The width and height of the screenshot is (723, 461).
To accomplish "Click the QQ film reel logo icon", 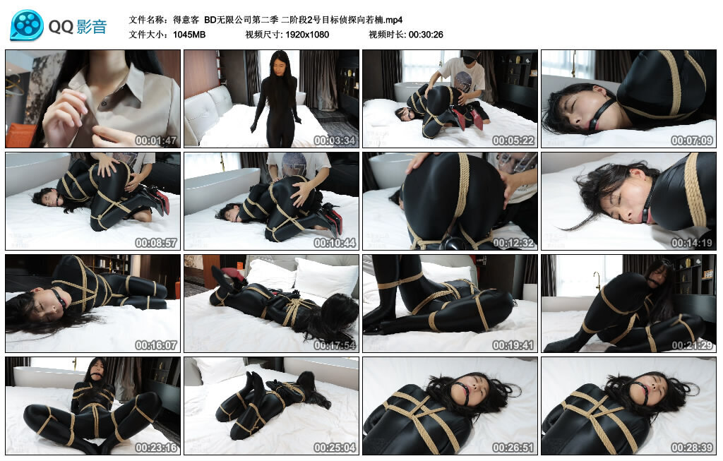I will pyautogui.click(x=27, y=25).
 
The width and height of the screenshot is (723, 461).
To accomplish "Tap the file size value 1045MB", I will pyautogui.click(x=189, y=34).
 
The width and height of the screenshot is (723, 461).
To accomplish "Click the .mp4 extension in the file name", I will pyautogui.click(x=393, y=19).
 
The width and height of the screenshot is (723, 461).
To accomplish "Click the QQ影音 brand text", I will pyautogui.click(x=78, y=27).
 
